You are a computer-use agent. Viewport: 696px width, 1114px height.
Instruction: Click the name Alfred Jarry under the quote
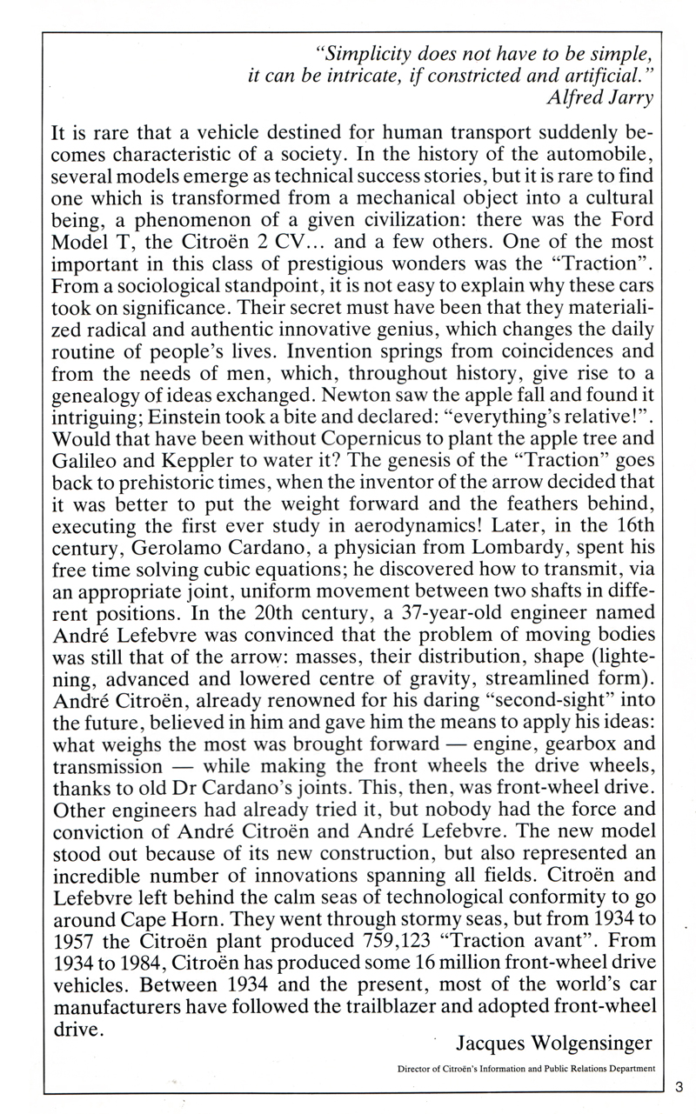tap(598, 98)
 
